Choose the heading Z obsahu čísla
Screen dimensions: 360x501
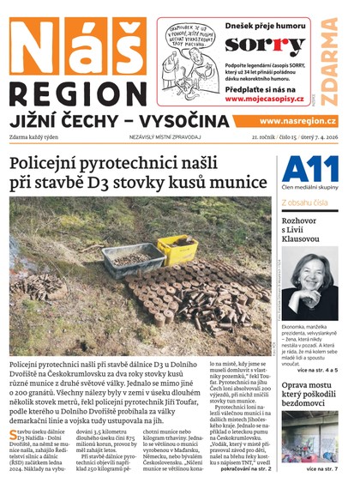306,202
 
